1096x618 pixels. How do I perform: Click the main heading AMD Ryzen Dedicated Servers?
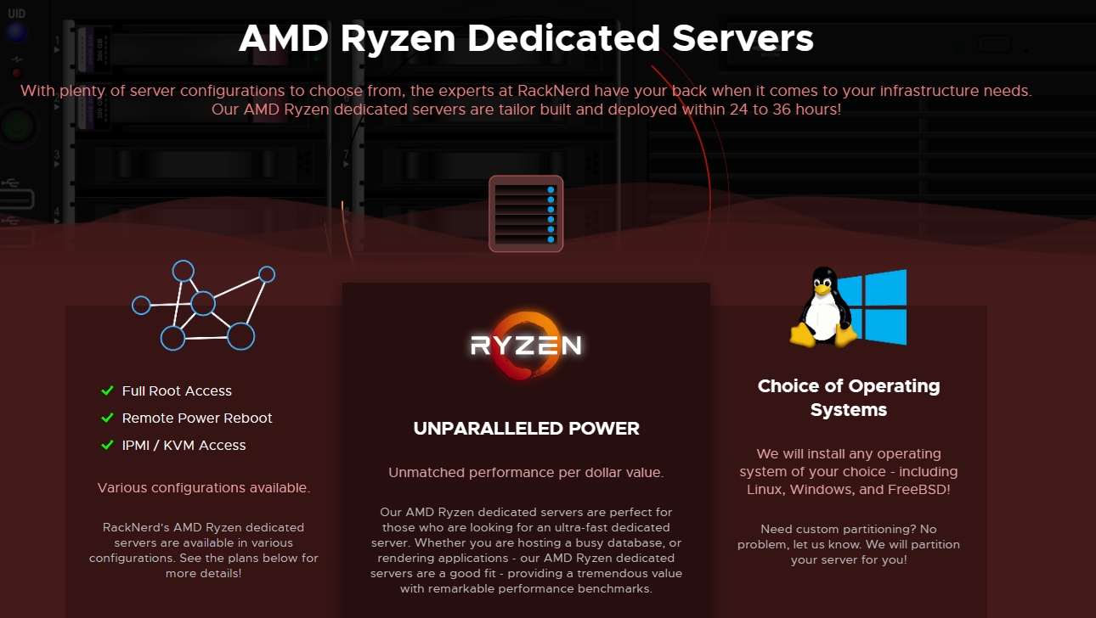tap(526, 39)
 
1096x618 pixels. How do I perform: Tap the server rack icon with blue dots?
tap(526, 214)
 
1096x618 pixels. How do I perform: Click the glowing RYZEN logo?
tap(526, 345)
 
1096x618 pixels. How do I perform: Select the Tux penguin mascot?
tap(821, 307)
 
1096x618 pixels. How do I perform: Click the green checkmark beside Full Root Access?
tap(107, 390)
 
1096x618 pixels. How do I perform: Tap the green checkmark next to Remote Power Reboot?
tap(107, 418)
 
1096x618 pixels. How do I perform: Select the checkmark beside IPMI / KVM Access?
tap(107, 445)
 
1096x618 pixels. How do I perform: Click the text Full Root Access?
tap(177, 391)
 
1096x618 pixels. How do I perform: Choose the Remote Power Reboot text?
tap(197, 419)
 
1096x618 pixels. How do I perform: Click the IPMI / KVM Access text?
tap(184, 446)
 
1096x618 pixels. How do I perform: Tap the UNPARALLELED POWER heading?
tap(526, 429)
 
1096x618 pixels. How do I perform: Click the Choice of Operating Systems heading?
tap(848, 397)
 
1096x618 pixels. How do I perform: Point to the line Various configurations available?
tap(203, 487)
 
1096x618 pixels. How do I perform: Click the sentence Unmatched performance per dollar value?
tap(526, 472)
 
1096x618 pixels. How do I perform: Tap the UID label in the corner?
tap(17, 14)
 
